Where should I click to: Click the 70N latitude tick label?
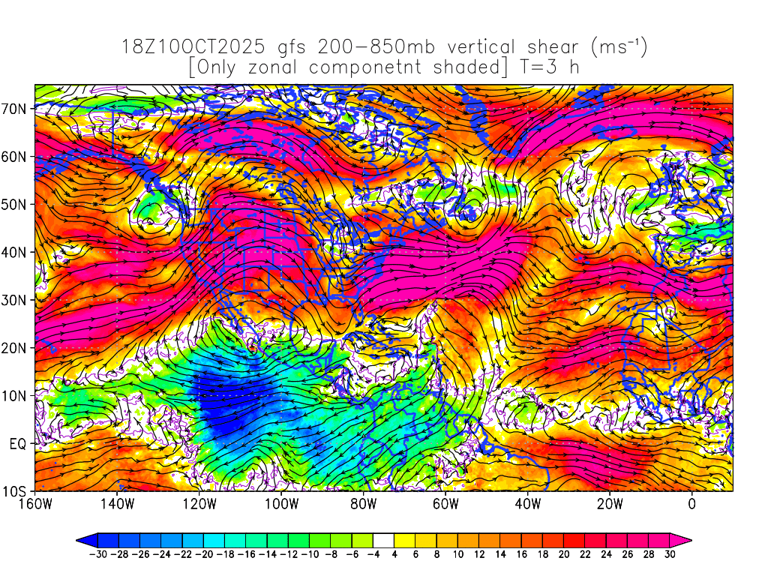[x=16, y=108]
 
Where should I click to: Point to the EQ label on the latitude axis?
[x=18, y=444]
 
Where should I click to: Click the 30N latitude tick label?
[x=16, y=300]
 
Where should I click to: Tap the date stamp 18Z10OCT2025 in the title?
[x=193, y=48]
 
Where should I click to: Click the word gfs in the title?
[x=293, y=48]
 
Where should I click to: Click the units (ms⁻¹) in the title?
[x=619, y=48]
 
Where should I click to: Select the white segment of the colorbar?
[x=383, y=539]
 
